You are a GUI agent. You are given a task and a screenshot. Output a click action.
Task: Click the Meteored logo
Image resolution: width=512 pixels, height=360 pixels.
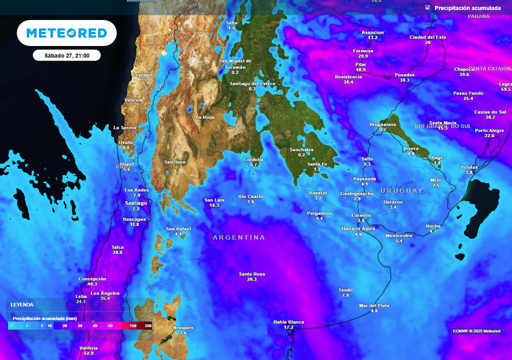pos(66,33)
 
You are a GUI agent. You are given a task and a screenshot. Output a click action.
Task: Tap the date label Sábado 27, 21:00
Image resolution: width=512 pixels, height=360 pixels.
pos(66,55)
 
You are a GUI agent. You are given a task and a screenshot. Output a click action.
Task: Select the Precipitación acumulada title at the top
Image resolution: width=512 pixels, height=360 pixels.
pos(467,8)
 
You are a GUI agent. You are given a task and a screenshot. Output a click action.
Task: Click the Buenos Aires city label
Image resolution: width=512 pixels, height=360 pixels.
pos(358,228)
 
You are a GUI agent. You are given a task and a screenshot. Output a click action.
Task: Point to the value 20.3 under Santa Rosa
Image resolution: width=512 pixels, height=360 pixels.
pos(251,279)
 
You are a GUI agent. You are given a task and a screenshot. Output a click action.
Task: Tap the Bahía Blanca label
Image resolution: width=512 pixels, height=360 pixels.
pos(288,322)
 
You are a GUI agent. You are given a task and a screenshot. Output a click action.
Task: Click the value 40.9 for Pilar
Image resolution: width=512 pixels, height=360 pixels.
pos(360,69)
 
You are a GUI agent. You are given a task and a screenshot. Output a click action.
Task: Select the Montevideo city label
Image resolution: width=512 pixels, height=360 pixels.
pos(398,235)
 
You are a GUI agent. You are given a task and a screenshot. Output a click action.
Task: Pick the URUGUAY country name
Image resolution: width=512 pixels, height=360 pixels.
pos(401,190)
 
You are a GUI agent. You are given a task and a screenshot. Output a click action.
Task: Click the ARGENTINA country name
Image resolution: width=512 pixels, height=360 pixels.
pos(239,237)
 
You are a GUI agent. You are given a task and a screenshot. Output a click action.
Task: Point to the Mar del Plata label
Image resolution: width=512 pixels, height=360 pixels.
pos(374,305)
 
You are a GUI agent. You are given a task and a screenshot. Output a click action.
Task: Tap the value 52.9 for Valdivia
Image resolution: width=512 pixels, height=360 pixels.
pos(88,353)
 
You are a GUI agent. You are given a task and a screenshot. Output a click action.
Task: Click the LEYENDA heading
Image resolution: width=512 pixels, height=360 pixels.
pos(22,304)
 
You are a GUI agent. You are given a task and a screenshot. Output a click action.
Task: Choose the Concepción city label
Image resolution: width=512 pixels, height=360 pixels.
pos(92,278)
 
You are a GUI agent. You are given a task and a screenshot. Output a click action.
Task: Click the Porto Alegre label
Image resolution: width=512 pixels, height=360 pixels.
pos(489,130)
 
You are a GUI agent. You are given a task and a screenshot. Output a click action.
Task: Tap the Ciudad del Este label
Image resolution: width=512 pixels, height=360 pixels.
pos(427,37)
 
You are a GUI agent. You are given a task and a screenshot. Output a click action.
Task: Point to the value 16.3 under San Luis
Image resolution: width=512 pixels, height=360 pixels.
pos(214,205)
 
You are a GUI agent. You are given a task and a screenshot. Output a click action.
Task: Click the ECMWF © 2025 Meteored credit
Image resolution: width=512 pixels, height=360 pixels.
pos(476,331)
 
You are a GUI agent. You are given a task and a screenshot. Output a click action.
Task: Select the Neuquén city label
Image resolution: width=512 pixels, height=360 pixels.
pos(182,327)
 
